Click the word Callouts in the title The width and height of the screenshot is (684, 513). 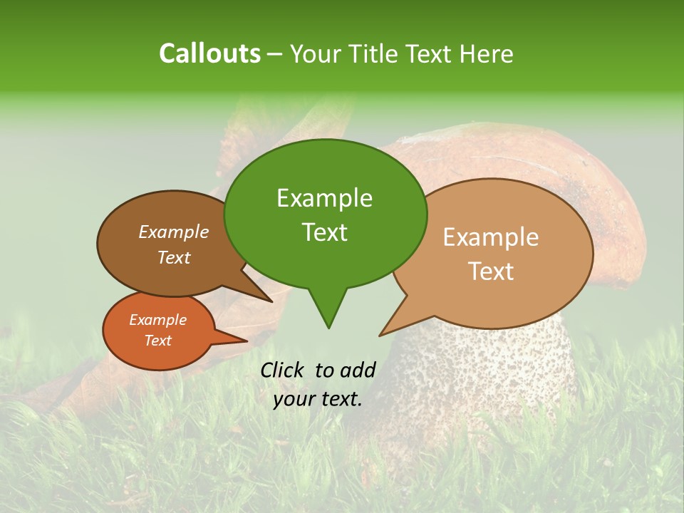click(x=209, y=53)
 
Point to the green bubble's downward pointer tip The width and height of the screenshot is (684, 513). click(x=328, y=327)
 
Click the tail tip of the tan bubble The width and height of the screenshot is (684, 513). click(x=380, y=335)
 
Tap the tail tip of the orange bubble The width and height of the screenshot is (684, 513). click(x=247, y=341)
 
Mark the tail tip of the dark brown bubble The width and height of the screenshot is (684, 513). click(x=271, y=301)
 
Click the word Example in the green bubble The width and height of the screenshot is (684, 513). click(x=324, y=198)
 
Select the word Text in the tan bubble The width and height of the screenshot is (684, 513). click(x=491, y=271)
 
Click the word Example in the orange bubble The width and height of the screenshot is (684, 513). click(x=157, y=320)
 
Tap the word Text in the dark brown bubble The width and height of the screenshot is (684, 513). click(x=174, y=257)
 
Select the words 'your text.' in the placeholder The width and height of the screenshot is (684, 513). click(x=318, y=399)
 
